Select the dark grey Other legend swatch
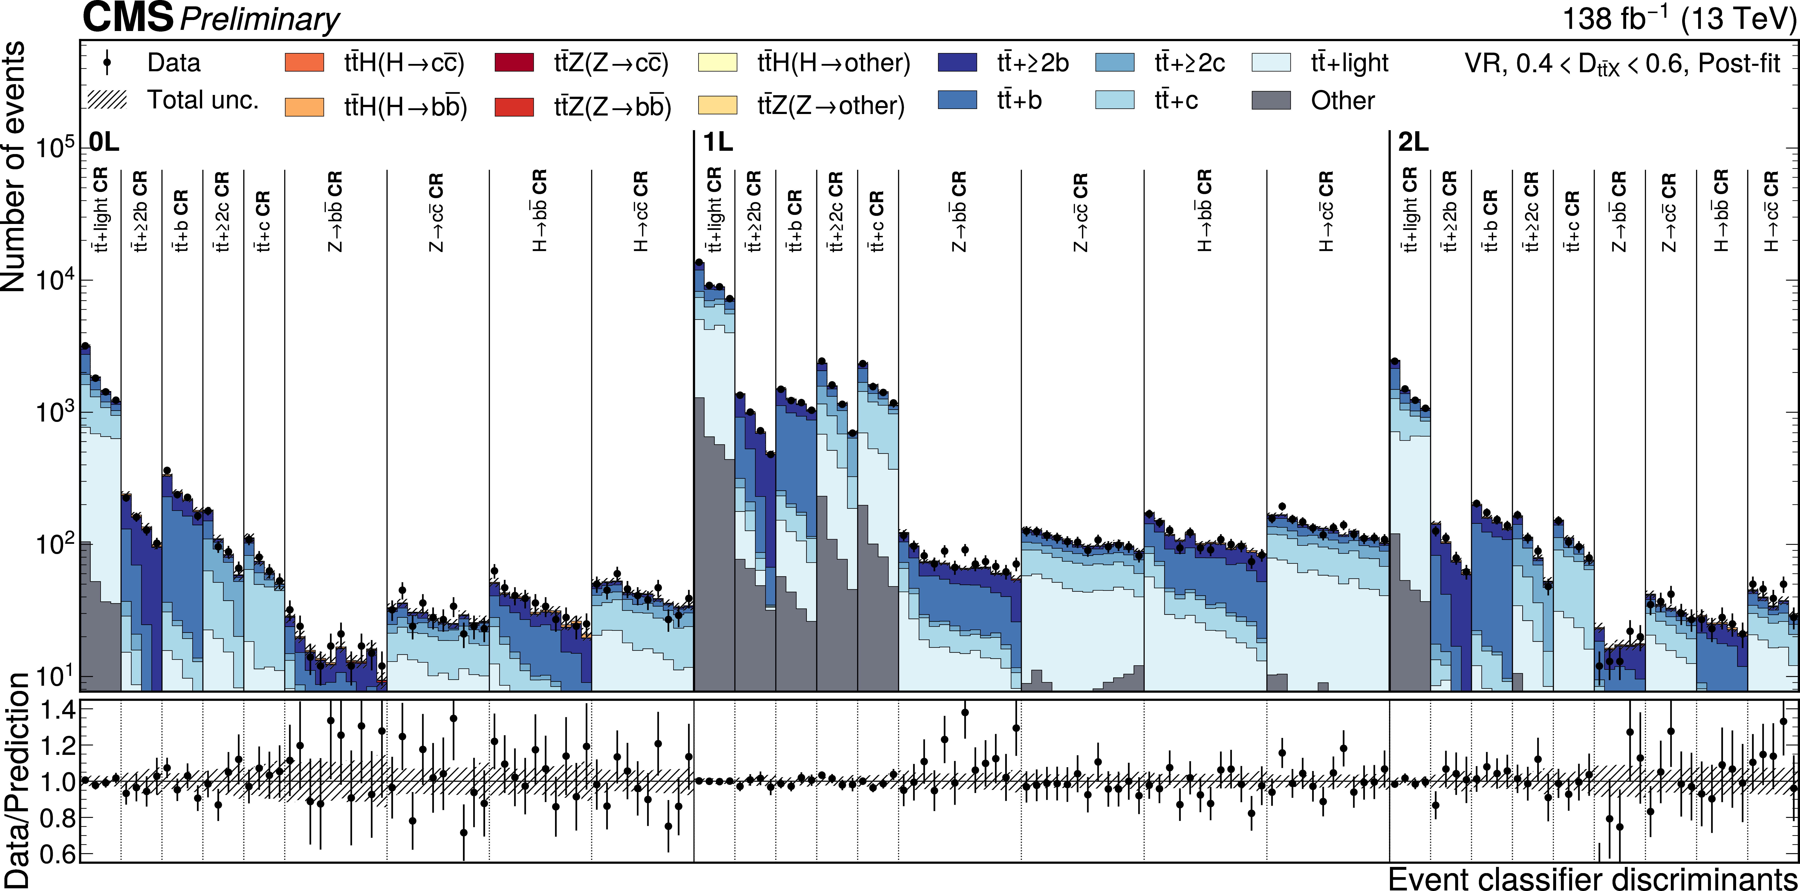pyautogui.click(x=1271, y=101)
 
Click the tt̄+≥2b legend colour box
pyautogui.click(x=957, y=63)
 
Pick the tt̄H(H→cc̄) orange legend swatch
pyautogui.click(x=305, y=63)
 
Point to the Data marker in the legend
pyautogui.click(x=107, y=63)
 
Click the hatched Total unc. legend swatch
pyautogui.click(x=107, y=100)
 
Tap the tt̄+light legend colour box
pyautogui.click(x=1271, y=63)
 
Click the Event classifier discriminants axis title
pyautogui.click(x=1592, y=878)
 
